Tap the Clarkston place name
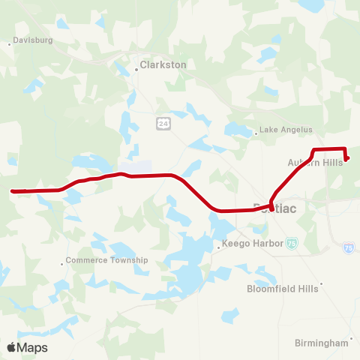click(163, 65)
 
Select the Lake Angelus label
click(284, 129)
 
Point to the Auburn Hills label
click(314, 162)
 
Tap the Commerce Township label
click(107, 260)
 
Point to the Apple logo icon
click(11, 347)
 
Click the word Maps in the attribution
click(32, 347)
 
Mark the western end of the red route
click(13, 191)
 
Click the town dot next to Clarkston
click(138, 66)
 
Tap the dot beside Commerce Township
click(63, 262)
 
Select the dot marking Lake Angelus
click(256, 133)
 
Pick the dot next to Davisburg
click(9, 43)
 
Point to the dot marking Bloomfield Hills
click(321, 284)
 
